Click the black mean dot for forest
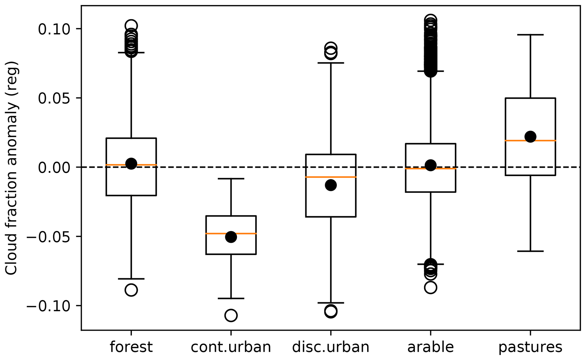coord(131,164)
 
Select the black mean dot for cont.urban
coord(231,237)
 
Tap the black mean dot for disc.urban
coord(331,185)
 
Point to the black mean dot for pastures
coord(530,136)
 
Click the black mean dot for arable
coord(431,165)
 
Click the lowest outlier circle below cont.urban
coord(231,315)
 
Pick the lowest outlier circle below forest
coord(131,290)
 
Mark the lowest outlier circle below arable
coord(431,288)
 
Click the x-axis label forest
coord(131,347)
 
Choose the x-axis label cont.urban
coord(231,347)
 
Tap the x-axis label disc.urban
coord(331,347)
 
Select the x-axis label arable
coord(431,347)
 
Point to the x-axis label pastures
coord(530,347)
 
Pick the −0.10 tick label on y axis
coord(51,306)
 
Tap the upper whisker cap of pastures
coord(530,35)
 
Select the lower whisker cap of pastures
coord(530,251)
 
